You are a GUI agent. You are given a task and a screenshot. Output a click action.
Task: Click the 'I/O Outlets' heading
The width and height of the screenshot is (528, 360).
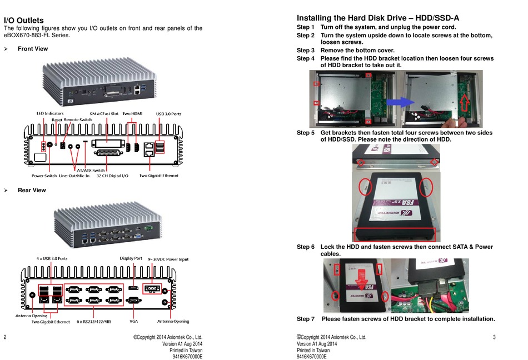(x=24, y=21)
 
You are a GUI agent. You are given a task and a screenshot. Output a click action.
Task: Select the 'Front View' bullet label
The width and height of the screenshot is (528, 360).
(x=33, y=49)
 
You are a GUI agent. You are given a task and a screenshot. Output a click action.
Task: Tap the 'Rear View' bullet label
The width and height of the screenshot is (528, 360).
(x=32, y=191)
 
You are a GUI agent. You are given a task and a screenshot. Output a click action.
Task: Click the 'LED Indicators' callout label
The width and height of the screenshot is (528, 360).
(x=50, y=113)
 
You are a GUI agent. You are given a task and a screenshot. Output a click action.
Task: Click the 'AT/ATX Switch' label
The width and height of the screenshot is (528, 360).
(x=89, y=170)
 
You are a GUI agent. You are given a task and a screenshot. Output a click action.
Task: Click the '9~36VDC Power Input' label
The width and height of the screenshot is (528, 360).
(x=168, y=258)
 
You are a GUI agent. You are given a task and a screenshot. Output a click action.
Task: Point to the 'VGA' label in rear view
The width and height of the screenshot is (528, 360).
(x=133, y=322)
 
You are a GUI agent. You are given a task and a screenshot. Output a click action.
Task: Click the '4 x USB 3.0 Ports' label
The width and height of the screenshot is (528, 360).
(x=52, y=258)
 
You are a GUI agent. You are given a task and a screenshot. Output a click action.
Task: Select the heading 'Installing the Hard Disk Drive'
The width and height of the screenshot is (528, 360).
(x=378, y=18)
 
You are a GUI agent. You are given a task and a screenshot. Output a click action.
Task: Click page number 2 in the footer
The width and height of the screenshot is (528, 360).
(x=5, y=337)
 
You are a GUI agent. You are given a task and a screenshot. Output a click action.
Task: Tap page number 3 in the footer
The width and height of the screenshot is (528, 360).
(x=494, y=337)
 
